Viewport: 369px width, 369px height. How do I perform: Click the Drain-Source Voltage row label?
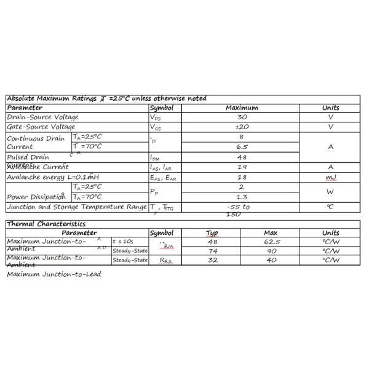(x=42, y=117)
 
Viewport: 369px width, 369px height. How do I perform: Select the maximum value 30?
(x=242, y=117)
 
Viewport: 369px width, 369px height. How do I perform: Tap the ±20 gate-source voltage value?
(x=242, y=127)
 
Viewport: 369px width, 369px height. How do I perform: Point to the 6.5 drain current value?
(x=242, y=147)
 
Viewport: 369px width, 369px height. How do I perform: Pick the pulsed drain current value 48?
(x=242, y=157)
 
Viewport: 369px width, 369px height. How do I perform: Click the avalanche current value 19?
(x=242, y=167)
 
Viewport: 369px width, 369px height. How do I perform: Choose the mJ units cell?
(x=330, y=177)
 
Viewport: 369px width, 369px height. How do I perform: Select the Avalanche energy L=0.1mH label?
(x=53, y=177)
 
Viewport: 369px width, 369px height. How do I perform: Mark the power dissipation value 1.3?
(x=242, y=197)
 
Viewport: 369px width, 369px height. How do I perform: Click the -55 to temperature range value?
(x=238, y=207)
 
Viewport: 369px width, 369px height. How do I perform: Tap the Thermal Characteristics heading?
(x=46, y=224)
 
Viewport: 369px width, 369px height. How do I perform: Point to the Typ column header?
(x=212, y=233)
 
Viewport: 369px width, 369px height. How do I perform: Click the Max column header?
(x=271, y=233)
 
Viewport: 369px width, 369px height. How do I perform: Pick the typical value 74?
(x=213, y=251)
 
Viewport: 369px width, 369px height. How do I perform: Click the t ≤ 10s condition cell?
(x=123, y=242)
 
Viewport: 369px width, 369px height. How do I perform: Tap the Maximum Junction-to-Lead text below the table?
(x=54, y=274)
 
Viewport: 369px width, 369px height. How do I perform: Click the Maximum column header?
(x=242, y=108)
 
